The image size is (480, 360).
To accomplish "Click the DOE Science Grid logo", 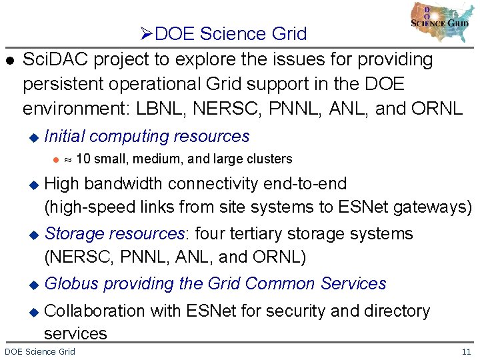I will pos(440,21).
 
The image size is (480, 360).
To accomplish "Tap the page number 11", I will pos(466,351).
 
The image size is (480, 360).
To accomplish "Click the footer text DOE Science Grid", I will pos(40,351).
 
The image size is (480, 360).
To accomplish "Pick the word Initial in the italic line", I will pos(64,137).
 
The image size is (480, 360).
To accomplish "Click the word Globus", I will pos(71,283).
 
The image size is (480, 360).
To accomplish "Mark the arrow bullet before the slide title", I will pos(148,33).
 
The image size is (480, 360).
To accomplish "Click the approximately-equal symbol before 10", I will pos(67,159).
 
